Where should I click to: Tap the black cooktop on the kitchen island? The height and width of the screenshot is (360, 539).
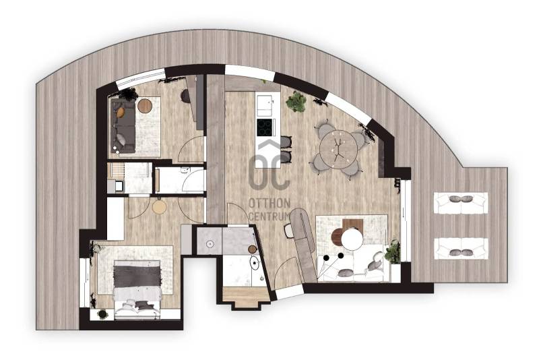click(x=265, y=127)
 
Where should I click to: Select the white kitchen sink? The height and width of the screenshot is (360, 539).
click(x=265, y=106)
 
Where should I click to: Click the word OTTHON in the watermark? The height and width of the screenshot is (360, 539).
click(x=269, y=203)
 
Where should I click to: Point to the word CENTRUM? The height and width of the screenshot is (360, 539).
click(x=268, y=216)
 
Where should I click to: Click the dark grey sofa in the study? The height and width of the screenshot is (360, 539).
click(x=123, y=125)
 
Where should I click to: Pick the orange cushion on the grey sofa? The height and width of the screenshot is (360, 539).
click(x=121, y=112)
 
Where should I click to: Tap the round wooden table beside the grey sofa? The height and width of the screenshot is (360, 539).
click(x=145, y=106)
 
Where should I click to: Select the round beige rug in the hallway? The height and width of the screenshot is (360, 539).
click(x=160, y=207)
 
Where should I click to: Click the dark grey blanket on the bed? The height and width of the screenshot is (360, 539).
click(x=137, y=273)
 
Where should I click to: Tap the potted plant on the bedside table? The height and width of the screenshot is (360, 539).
click(x=102, y=314)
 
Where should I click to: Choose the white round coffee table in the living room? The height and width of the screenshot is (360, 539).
click(x=352, y=239)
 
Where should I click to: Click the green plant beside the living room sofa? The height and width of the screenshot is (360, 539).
click(x=393, y=251)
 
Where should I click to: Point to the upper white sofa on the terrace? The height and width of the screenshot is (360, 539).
click(x=461, y=203)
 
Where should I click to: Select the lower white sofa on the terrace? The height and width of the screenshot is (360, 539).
click(x=461, y=248)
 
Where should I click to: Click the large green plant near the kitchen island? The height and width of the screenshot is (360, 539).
click(x=296, y=102)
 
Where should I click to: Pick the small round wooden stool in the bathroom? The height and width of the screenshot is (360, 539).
click(x=252, y=249)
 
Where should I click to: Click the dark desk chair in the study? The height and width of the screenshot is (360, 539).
click(x=185, y=96)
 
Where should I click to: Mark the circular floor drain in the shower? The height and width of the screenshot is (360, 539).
click(x=210, y=243)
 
